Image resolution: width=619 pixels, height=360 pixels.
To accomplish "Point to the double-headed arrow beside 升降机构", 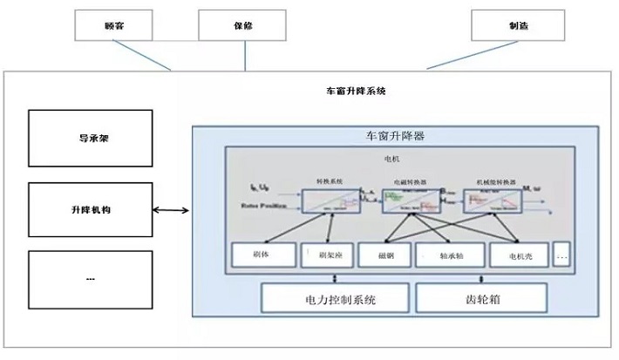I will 171,211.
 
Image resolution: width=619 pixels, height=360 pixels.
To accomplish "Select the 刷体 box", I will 262,255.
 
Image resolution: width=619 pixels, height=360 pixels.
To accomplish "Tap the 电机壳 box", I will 516,255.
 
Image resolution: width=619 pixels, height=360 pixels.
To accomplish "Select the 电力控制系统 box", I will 334,299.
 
